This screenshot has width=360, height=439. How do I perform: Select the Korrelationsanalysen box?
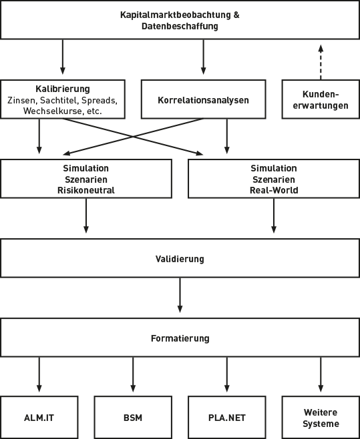click(x=204, y=100)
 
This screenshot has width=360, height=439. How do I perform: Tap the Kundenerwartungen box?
click(x=320, y=100)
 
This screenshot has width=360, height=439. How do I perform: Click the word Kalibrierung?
click(x=62, y=89)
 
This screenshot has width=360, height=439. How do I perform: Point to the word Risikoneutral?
click(x=86, y=190)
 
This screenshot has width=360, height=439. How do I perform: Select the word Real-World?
click(x=274, y=190)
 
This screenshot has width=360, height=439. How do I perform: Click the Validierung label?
click(x=180, y=258)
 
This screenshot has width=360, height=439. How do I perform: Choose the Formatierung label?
click(x=180, y=338)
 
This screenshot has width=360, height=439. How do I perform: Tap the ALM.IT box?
click(x=39, y=418)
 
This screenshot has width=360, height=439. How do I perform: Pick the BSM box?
click(x=133, y=418)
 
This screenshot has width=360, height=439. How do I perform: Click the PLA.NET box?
click(x=227, y=418)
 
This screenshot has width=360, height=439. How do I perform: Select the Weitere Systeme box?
click(x=321, y=418)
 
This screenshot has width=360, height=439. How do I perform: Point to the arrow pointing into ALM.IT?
click(x=39, y=375)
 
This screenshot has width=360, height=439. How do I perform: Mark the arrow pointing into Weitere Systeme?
click(x=321, y=375)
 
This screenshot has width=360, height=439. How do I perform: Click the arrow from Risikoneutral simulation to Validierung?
click(x=86, y=215)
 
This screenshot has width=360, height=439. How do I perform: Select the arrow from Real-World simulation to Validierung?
click(x=274, y=215)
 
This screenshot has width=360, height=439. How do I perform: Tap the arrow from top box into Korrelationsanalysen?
click(x=204, y=57)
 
